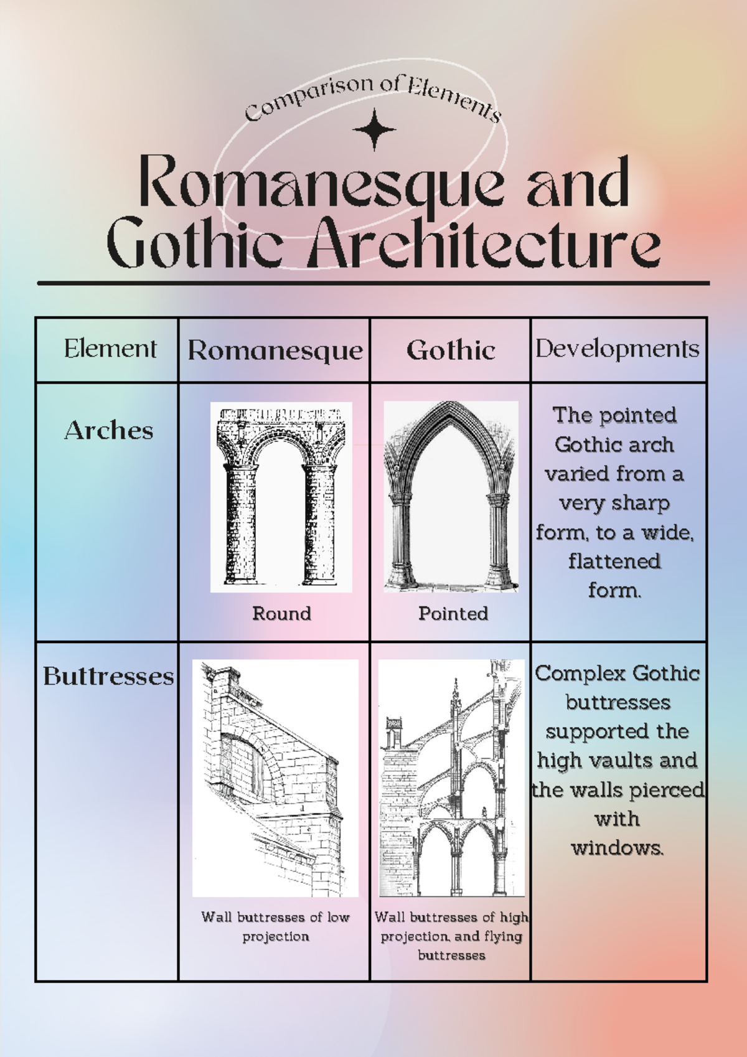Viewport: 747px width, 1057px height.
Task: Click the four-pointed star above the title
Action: coord(374,129)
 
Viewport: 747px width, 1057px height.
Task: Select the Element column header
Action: coord(110,349)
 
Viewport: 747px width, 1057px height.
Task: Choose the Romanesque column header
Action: coord(275,350)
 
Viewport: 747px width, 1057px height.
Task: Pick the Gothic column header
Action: coord(451,350)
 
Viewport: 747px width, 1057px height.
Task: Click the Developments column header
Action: coord(618,349)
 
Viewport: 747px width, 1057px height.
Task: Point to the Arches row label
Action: coord(109,431)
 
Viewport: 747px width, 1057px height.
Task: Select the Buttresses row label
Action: coord(108,677)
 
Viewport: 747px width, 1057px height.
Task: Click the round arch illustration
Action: coord(281,497)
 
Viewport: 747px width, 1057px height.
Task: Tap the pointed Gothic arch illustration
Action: coord(451,496)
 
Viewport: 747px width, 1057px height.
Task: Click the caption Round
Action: coord(281,614)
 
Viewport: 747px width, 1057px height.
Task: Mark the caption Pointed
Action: coord(453,614)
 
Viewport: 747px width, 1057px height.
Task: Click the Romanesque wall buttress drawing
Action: coord(275,778)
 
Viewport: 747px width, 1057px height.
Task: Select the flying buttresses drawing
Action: coord(451,778)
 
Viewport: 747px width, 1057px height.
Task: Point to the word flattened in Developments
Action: coord(614,561)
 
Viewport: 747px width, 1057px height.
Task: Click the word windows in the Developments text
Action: coord(617,848)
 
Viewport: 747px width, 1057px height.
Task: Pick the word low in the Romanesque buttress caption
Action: coord(339,917)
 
